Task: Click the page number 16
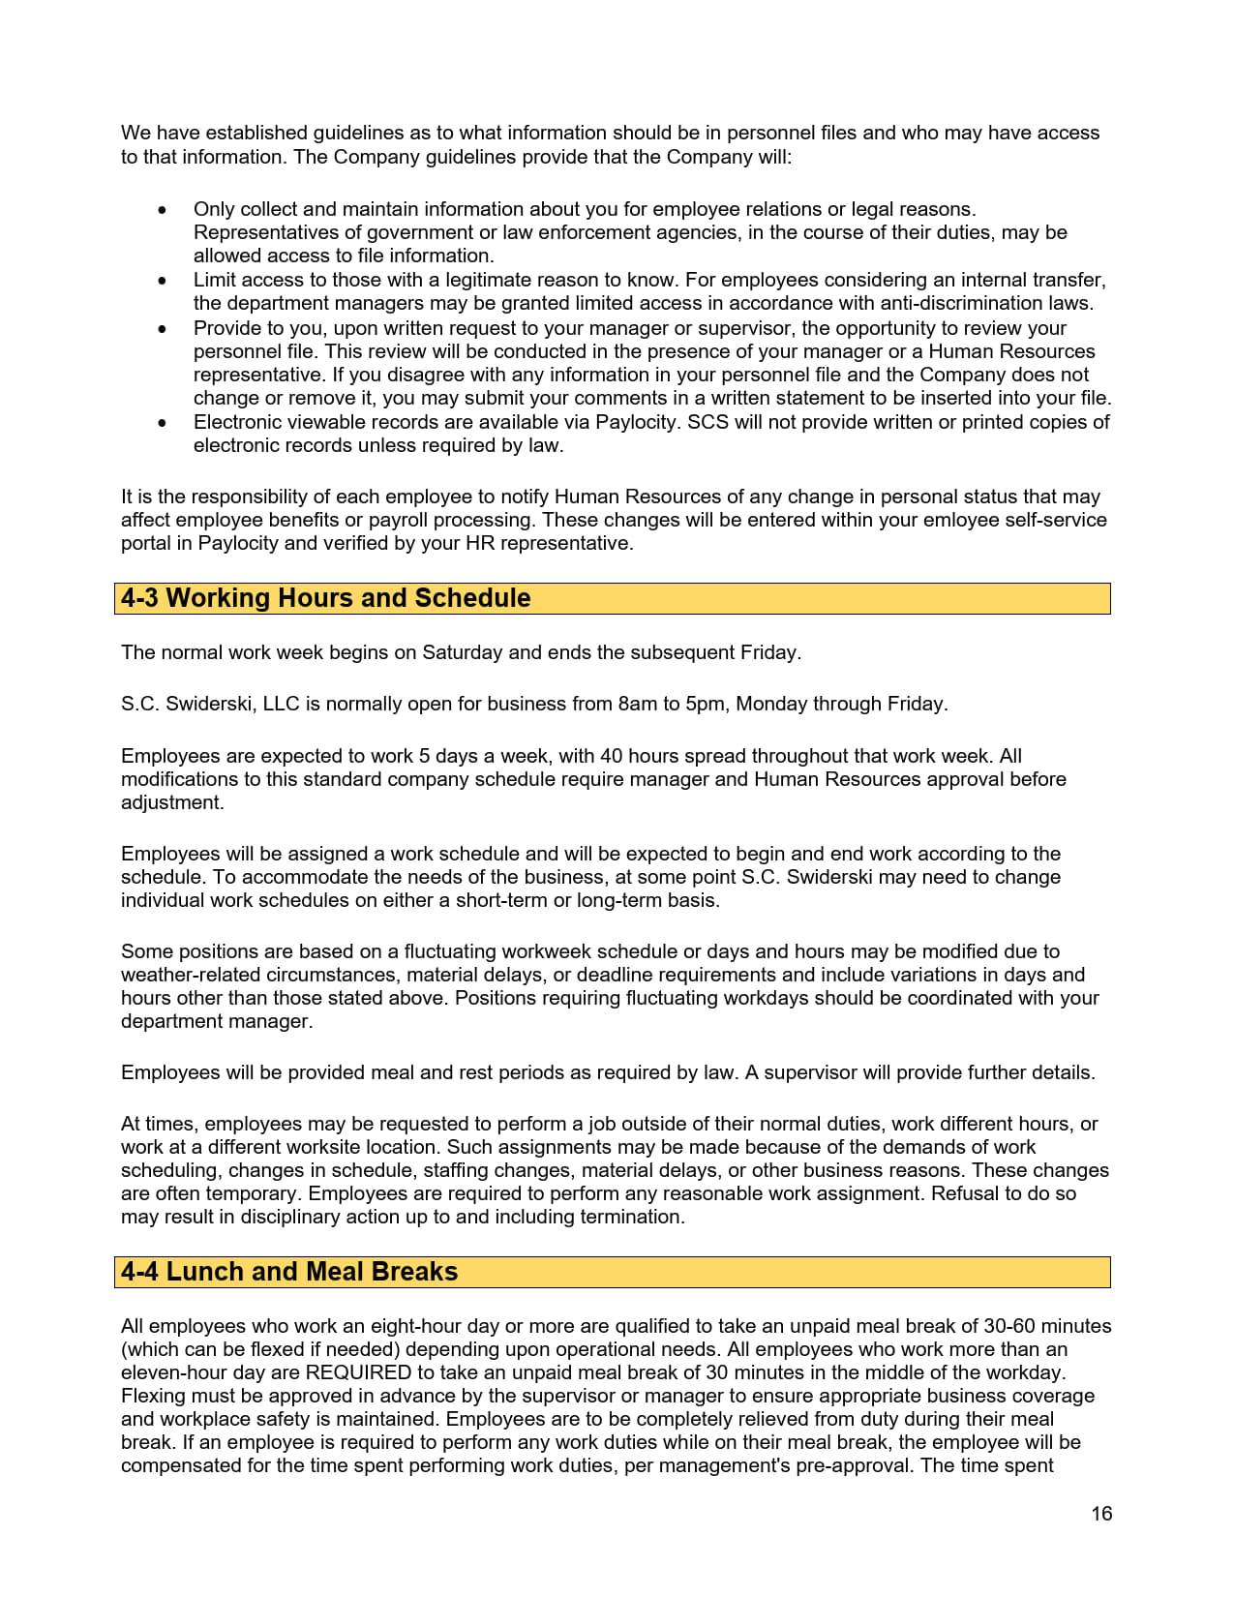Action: (1101, 1514)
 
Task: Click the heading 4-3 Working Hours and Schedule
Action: (325, 598)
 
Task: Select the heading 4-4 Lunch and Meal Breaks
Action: (288, 1272)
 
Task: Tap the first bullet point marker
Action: (163, 210)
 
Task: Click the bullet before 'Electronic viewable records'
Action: (163, 423)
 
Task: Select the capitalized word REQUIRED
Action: (359, 1372)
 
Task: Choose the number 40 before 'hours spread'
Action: (611, 756)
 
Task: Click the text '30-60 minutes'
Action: (1047, 1326)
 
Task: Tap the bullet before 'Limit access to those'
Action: (163, 281)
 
